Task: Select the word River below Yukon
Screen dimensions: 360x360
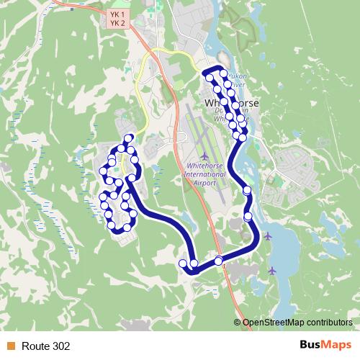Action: [238, 84]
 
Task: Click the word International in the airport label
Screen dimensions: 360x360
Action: [204, 175]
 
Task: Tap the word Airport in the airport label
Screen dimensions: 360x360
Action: [205, 183]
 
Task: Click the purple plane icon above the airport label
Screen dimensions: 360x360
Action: [205, 156]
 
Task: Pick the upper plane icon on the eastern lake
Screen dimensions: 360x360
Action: [268, 235]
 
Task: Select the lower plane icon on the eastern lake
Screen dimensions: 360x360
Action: [271, 270]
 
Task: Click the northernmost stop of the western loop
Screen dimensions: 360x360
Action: [128, 138]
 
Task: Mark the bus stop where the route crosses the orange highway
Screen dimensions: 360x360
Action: [219, 261]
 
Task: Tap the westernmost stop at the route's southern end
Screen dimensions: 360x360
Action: [183, 264]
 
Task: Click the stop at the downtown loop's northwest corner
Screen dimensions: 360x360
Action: [207, 78]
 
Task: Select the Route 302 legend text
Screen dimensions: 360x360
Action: [46, 346]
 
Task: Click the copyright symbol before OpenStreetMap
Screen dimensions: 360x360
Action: [238, 323]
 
